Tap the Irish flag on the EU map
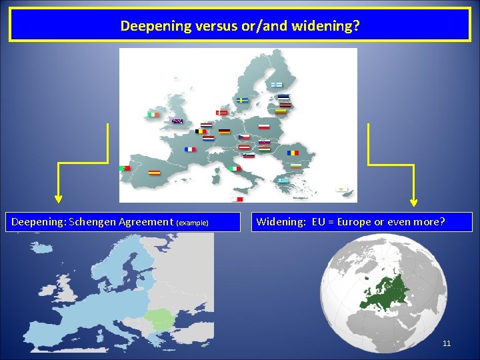click(x=154, y=115)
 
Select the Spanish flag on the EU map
click(x=154, y=172)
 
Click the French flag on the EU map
click(x=191, y=149)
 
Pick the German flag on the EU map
click(x=224, y=131)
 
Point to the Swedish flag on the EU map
click(x=242, y=100)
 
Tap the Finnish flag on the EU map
click(x=276, y=85)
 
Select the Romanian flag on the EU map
click(x=293, y=153)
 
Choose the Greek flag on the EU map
click(x=283, y=180)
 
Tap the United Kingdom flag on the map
click(x=177, y=121)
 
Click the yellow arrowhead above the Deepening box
click(x=59, y=198)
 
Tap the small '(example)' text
click(x=192, y=223)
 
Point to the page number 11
click(x=447, y=343)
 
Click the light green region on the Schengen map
click(x=162, y=320)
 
